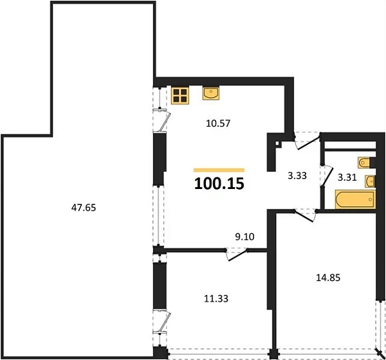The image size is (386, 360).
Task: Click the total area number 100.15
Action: (x=219, y=183)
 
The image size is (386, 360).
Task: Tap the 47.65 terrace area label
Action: (x=84, y=208)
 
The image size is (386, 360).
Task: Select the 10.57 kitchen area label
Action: (x=218, y=123)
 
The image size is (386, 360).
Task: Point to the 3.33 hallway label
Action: (x=297, y=175)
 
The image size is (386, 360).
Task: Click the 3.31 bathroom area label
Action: (x=347, y=177)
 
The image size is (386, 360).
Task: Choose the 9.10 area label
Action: (x=244, y=237)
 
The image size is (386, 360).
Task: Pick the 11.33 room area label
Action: (x=216, y=298)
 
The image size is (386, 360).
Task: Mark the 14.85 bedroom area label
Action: (x=328, y=278)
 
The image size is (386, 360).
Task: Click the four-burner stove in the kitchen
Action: (x=180, y=96)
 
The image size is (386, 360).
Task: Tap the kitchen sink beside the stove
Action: (x=211, y=93)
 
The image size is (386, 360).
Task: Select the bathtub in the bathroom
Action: (x=355, y=199)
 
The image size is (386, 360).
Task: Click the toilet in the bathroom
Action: (x=365, y=163)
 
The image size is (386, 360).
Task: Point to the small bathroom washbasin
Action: (x=370, y=181)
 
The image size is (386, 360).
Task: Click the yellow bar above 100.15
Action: (x=219, y=170)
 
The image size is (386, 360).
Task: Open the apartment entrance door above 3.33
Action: (x=308, y=141)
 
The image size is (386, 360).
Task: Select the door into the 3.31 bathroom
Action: (x=327, y=176)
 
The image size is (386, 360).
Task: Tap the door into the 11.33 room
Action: (x=237, y=255)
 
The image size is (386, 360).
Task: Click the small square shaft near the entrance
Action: (x=278, y=144)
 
